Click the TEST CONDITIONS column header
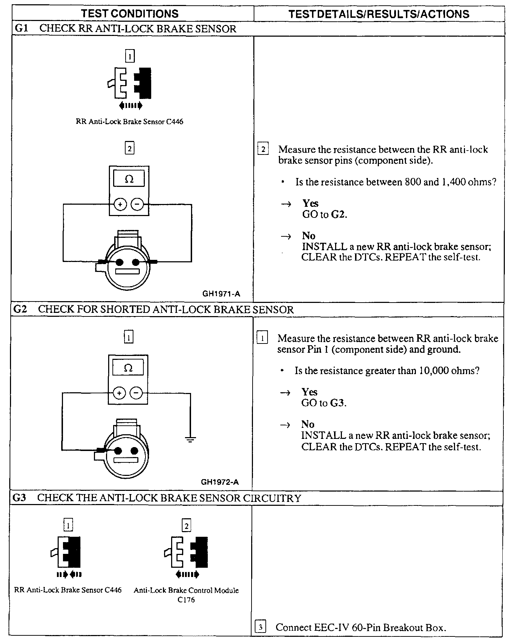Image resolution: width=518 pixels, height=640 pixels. point(129,14)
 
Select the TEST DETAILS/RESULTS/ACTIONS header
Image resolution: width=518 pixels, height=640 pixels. point(379,14)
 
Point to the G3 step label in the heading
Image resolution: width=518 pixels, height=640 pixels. point(19,498)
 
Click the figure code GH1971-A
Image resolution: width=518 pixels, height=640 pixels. point(221,294)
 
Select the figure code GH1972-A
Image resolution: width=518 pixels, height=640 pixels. point(220,482)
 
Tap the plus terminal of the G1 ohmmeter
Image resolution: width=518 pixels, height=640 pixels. point(120,205)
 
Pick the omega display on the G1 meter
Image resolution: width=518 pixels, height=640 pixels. point(129,179)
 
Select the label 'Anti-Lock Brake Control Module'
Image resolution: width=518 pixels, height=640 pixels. point(186,590)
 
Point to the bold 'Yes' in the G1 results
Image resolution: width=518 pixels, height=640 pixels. point(310,203)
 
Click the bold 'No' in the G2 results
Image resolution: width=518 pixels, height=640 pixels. point(308,424)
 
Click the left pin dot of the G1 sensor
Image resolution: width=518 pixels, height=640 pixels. point(120,263)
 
